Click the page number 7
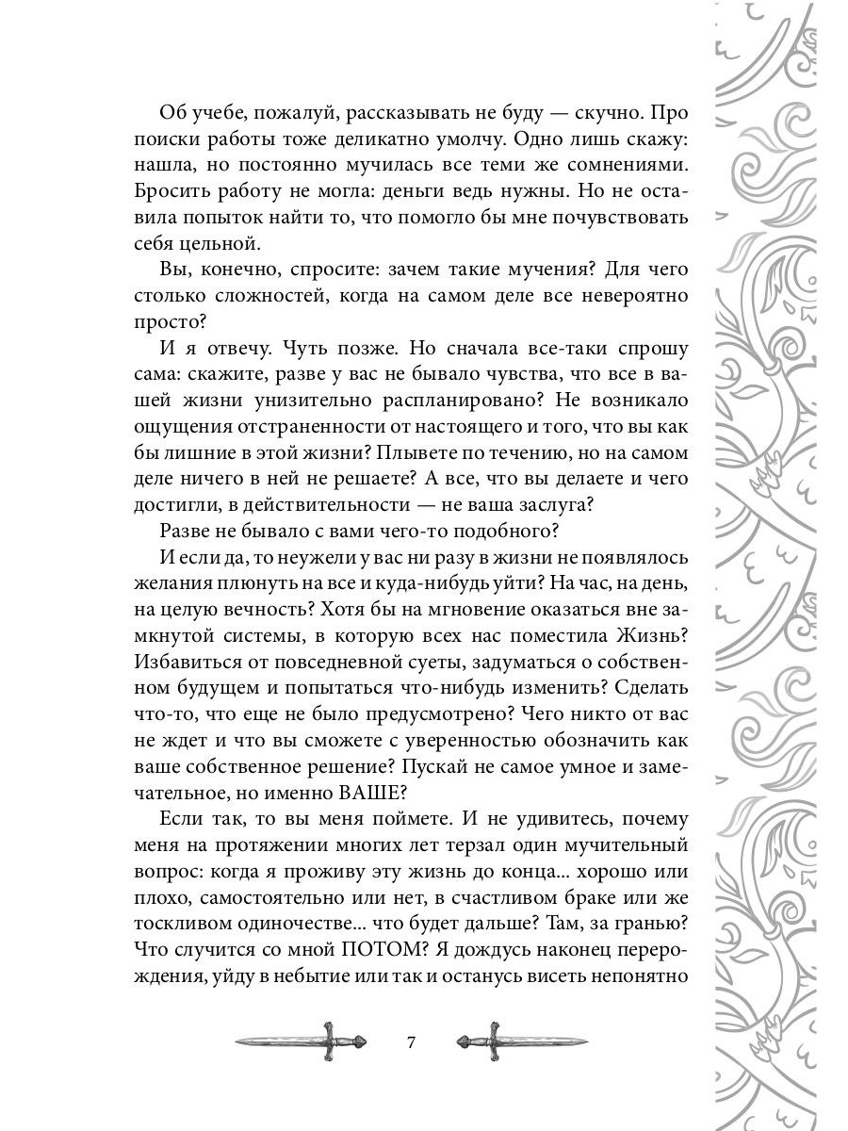(x=410, y=1042)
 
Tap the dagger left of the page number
(x=287, y=1041)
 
